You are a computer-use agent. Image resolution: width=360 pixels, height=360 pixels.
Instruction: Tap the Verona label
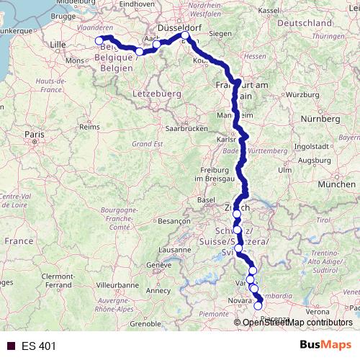(x=317, y=311)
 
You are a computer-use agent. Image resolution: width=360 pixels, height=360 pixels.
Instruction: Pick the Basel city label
(x=207, y=199)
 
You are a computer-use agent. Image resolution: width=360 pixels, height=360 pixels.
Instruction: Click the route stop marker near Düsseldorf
(x=186, y=35)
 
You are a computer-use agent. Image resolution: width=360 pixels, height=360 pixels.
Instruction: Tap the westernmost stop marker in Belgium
(x=99, y=40)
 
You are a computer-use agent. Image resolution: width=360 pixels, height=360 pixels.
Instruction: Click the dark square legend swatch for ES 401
(x=11, y=346)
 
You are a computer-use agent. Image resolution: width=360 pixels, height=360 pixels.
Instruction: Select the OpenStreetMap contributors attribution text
(x=298, y=322)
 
